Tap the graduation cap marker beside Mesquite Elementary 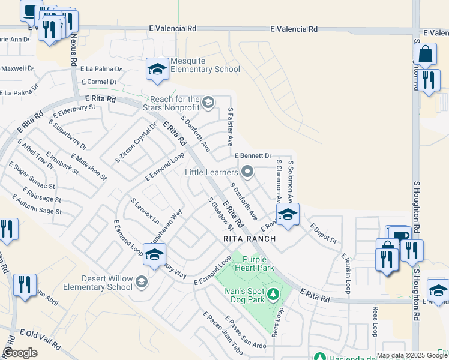click(157, 70)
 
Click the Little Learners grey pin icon click(247, 173)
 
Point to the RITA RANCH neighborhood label click(249, 239)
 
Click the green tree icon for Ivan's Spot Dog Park click(273, 293)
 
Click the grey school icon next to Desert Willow click(142, 282)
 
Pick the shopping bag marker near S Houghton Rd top click(425, 55)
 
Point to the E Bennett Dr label click(253, 155)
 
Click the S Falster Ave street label click(231, 127)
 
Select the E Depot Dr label click(324, 234)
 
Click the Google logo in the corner click(20, 353)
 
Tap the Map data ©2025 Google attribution click(412, 355)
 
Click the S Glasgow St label click(221, 215)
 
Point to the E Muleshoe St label click(88, 167)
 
